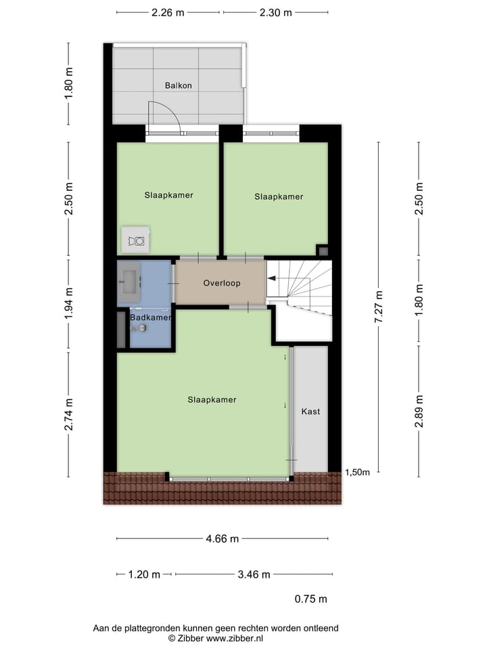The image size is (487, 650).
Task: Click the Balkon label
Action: [178, 85]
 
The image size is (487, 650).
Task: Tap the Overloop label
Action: [222, 283]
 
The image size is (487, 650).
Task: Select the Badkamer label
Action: [150, 317]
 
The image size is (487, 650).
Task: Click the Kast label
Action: [310, 411]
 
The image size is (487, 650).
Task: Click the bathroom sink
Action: [129, 278]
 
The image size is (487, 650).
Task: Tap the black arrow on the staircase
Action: [272, 278]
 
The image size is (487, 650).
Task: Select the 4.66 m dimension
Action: [223, 539]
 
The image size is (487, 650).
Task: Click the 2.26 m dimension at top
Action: [168, 12]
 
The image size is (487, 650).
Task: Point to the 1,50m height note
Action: [357, 472]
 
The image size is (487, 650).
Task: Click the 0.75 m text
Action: [310, 599]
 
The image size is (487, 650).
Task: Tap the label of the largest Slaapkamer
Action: [212, 399]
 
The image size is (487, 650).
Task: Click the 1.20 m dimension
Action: [144, 574]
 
